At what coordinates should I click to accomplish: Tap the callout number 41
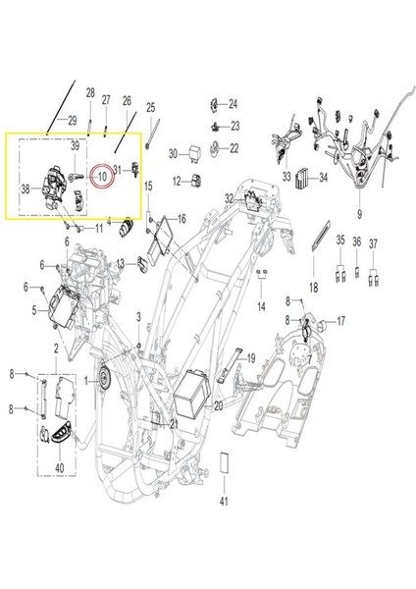[x=224, y=502]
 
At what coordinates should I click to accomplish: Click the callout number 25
[x=151, y=107]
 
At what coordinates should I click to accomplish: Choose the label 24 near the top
[x=233, y=104]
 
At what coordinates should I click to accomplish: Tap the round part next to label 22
[x=218, y=148]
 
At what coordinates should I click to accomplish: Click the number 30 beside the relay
[x=173, y=154]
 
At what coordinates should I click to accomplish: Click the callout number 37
[x=373, y=241]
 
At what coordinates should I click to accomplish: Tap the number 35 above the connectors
[x=339, y=241]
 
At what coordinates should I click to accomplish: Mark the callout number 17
[x=341, y=321]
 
